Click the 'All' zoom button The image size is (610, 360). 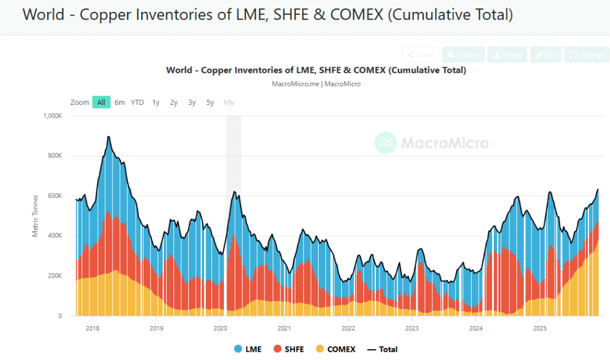(x=101, y=103)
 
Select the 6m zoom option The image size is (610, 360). (x=120, y=103)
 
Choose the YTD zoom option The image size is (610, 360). (x=138, y=103)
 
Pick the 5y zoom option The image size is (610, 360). (x=210, y=103)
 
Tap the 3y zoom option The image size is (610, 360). (x=192, y=103)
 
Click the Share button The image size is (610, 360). (x=421, y=55)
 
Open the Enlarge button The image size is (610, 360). (x=587, y=55)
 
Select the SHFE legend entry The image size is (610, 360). (x=289, y=349)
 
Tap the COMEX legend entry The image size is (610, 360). (x=335, y=349)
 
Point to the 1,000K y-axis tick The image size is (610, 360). (x=52, y=116)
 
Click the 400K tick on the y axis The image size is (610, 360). (x=55, y=236)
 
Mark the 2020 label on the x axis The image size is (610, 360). (x=220, y=328)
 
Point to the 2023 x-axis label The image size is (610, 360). (x=412, y=328)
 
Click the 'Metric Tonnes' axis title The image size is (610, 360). (x=36, y=216)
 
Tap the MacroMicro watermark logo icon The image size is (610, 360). (x=386, y=143)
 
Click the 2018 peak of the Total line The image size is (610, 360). (x=108, y=137)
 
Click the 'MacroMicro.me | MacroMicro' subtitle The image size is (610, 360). (x=316, y=84)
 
